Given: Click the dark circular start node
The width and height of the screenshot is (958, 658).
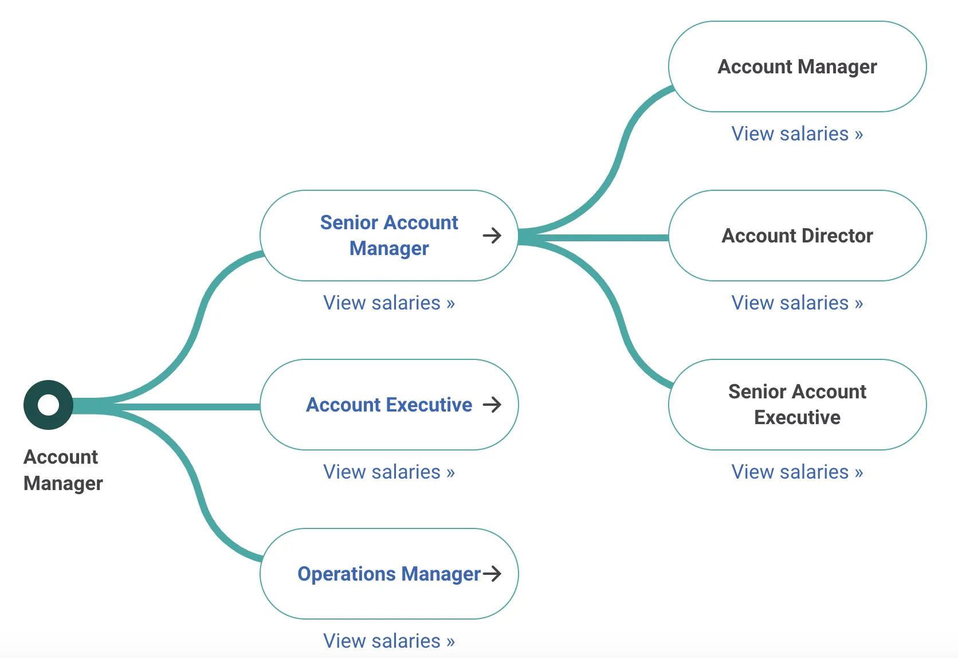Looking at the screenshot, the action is click(x=48, y=405).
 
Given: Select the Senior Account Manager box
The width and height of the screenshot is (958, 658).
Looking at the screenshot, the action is click(x=389, y=236).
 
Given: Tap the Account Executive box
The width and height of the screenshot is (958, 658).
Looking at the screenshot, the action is click(x=389, y=405).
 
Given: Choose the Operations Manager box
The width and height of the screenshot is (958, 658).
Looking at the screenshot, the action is click(x=389, y=574).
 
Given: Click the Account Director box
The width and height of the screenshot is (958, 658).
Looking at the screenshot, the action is click(x=798, y=236).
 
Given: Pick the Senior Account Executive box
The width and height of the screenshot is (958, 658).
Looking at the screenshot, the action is click(x=798, y=405).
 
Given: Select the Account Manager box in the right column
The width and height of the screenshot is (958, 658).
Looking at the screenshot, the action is click(x=798, y=66).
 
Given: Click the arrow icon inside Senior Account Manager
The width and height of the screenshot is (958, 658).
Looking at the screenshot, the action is click(x=492, y=236).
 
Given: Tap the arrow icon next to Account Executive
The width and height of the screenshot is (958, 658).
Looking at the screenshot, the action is click(x=492, y=404).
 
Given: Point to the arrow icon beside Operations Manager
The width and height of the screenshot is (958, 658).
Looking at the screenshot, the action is click(x=492, y=573).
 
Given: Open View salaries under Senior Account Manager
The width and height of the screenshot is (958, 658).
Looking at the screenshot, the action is click(x=389, y=303).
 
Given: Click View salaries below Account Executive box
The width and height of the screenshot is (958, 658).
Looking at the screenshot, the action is click(x=389, y=472).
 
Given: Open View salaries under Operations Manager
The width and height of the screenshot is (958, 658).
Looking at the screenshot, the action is click(x=389, y=641).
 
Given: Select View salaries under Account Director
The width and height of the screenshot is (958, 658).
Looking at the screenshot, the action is click(x=797, y=303).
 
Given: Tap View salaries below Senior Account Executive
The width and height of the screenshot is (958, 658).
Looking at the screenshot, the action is click(x=797, y=472).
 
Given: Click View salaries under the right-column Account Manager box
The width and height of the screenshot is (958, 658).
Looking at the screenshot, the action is click(x=797, y=134).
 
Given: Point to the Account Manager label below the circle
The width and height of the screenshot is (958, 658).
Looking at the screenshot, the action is click(x=63, y=471).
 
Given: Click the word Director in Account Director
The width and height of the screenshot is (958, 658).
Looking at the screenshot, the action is click(x=838, y=236).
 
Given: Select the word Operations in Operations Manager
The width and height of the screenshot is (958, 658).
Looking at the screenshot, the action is click(x=347, y=574).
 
